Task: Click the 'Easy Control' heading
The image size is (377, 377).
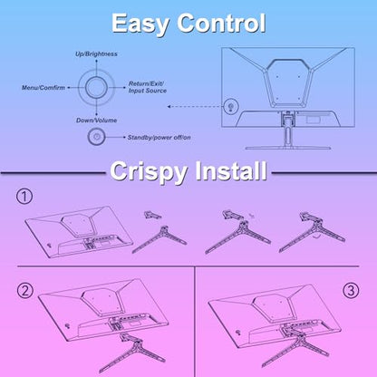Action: tap(188, 24)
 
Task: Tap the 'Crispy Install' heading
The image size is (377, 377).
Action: tap(188, 171)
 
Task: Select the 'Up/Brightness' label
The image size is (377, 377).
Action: tap(96, 54)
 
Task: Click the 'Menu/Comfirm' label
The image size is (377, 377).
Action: tap(43, 88)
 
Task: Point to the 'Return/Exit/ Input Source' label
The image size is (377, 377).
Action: tap(148, 87)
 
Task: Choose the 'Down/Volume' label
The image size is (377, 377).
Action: tap(96, 121)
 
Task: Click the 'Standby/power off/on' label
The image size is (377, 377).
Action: tap(159, 138)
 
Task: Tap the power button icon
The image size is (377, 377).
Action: tap(96, 137)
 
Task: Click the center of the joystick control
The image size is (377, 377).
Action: tap(96, 87)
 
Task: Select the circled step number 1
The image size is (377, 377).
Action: tap(24, 197)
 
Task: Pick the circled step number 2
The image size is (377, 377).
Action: tap(24, 291)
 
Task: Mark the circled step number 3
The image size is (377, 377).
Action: tap(351, 291)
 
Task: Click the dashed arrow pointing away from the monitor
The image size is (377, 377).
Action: tap(195, 107)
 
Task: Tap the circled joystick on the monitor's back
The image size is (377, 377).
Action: tap(231, 107)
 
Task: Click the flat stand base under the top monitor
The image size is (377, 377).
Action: tap(288, 148)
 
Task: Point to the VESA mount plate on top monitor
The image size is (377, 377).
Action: tap(287, 83)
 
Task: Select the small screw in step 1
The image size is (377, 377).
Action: tap(252, 216)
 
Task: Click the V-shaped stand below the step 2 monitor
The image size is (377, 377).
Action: tap(133, 353)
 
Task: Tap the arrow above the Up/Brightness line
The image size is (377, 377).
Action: tap(96, 62)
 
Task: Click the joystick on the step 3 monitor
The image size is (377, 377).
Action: tap(238, 333)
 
